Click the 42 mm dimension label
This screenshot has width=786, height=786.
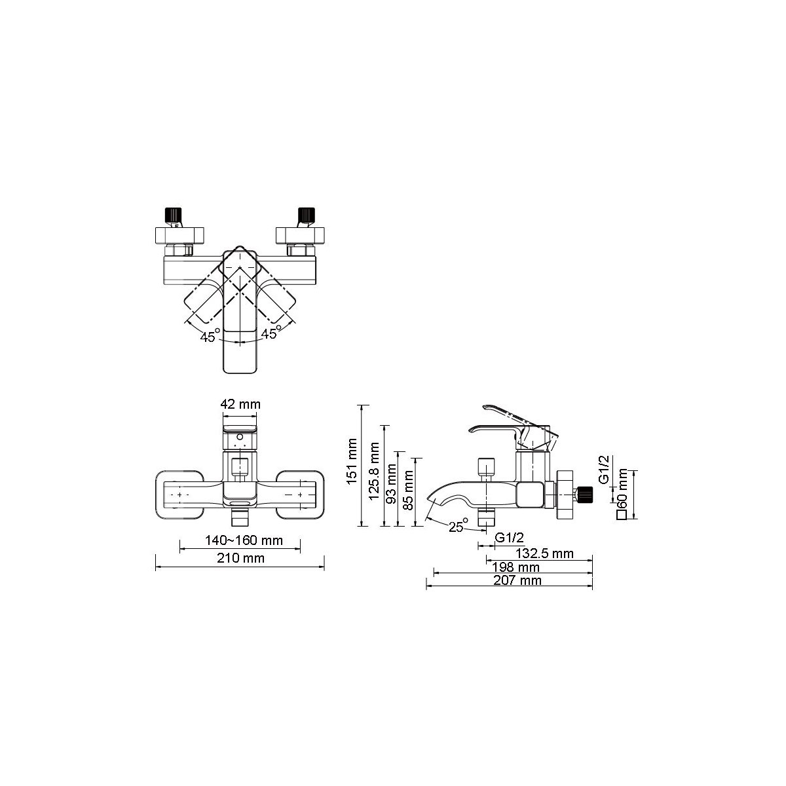[x=240, y=404]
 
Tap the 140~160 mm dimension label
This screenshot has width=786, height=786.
[x=244, y=540]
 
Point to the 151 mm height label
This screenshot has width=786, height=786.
[x=352, y=461]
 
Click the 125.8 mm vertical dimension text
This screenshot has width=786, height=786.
[x=374, y=472]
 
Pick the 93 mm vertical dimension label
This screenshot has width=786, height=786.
[x=391, y=483]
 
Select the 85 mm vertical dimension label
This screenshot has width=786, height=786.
[x=408, y=489]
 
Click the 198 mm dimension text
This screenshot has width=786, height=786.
[x=515, y=567]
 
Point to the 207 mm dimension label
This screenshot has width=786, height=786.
[x=517, y=580]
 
